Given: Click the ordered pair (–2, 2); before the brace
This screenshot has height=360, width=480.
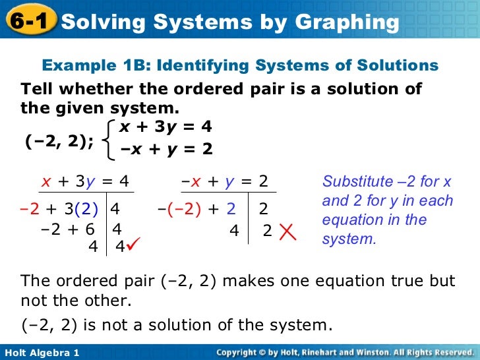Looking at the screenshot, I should pos(59,140).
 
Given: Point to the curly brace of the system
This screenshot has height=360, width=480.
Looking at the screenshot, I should pos(109,139).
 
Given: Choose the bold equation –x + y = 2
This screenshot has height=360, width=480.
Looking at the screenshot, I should pos(167,149).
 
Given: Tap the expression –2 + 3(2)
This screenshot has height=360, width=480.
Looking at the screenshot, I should pos(59,210).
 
